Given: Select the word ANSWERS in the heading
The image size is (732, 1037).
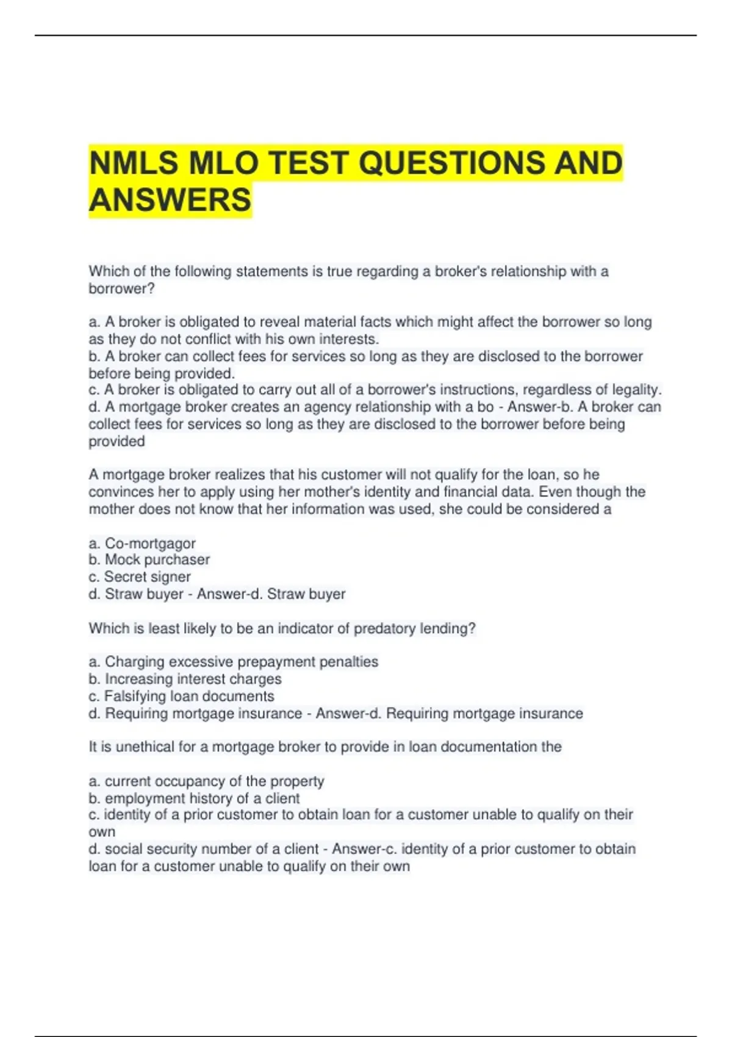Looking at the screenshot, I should pyautogui.click(x=170, y=200).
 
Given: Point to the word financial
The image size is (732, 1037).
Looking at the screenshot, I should pyautogui.click(x=470, y=492).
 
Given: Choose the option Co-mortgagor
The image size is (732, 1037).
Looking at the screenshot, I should pyautogui.click(x=150, y=543).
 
